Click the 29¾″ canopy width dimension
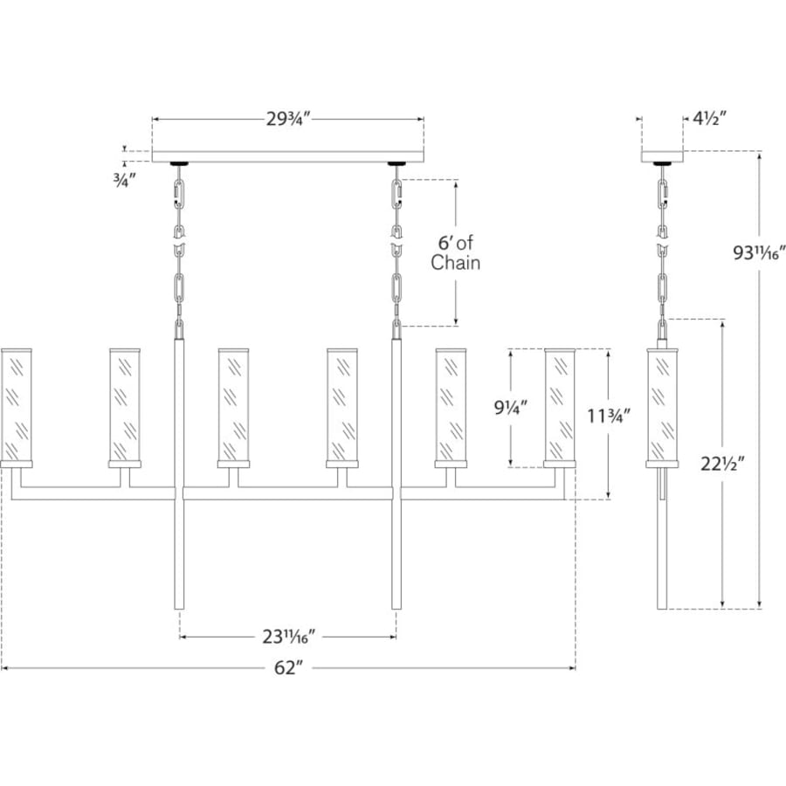pyautogui.click(x=288, y=120)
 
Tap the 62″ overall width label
pyautogui.click(x=289, y=668)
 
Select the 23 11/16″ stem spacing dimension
pyautogui.click(x=289, y=637)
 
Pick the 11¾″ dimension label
pyautogui.click(x=609, y=416)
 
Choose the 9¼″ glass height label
pyautogui.click(x=511, y=408)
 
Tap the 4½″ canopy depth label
pyautogui.click(x=709, y=119)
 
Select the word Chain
pyautogui.click(x=455, y=263)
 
